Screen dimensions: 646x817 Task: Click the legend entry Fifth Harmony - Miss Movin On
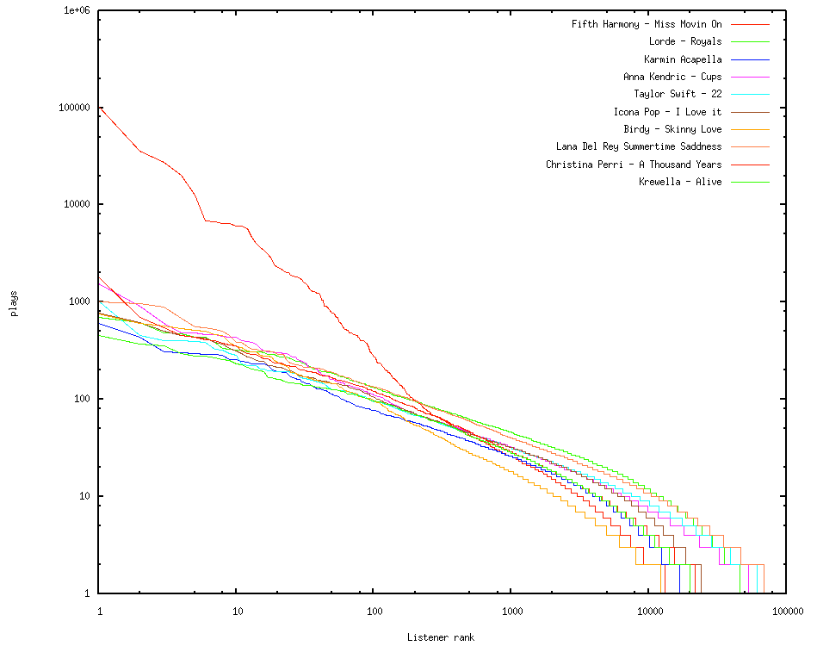(x=647, y=24)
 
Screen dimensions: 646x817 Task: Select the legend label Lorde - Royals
(x=685, y=41)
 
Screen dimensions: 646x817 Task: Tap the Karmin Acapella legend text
(x=683, y=59)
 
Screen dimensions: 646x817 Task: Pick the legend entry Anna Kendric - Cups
(x=672, y=77)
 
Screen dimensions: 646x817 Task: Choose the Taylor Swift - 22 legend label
(x=678, y=94)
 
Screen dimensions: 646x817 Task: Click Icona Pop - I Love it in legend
(x=667, y=112)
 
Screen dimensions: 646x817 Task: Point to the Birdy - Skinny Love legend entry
(x=672, y=129)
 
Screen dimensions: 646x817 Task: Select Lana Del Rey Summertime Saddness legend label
(x=639, y=146)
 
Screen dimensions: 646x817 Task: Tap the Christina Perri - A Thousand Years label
(x=634, y=165)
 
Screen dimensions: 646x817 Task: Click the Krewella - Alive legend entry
(x=680, y=182)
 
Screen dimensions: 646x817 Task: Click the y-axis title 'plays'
(x=15, y=302)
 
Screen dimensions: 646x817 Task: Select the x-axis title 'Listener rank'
(x=441, y=637)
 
